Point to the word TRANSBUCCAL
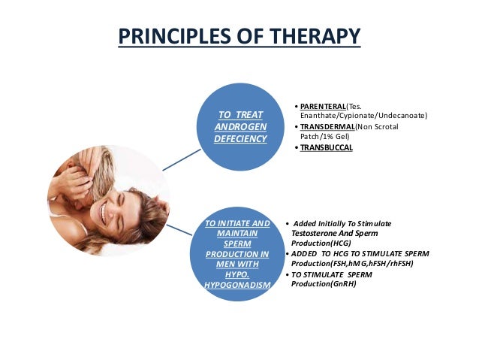coord(327,148)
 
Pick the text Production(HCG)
coord(322,244)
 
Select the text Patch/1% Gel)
coord(327,136)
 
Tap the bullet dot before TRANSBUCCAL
coord(296,148)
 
